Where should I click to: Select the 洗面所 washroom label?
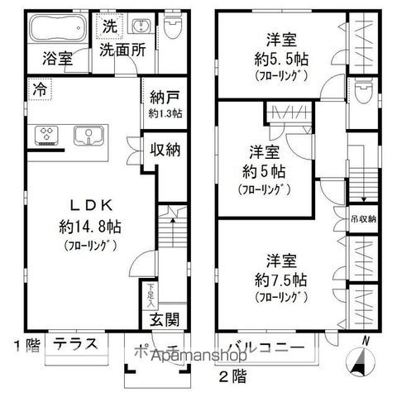click(123, 50)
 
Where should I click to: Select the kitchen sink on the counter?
click(85, 133)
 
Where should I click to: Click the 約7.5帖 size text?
click(281, 279)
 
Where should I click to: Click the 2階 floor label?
click(232, 376)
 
